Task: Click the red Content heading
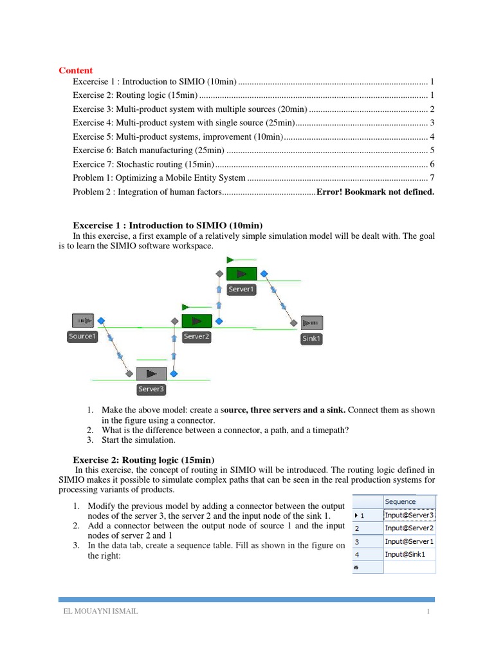76,70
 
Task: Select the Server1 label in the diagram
241,290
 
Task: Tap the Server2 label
196,337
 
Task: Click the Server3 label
151,389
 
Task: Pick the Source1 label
82,337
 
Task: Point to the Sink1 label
311,339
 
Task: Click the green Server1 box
241,274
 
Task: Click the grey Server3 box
151,373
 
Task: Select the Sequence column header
400,502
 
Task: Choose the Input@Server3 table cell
409,515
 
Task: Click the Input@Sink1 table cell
405,553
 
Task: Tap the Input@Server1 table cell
409,541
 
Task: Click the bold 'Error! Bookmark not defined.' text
374,192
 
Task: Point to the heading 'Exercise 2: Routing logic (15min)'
145,459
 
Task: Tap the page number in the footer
427,611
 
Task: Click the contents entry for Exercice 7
147,164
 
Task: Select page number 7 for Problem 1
432,178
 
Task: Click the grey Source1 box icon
83,320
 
